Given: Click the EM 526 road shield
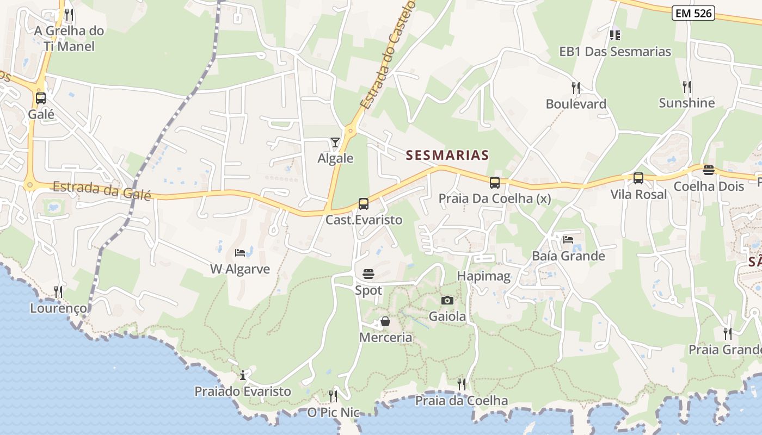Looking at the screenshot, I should (693, 14).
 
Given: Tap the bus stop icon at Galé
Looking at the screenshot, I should (41, 98).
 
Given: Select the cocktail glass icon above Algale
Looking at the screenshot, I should (335, 142).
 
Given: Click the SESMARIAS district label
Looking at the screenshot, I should (447, 156).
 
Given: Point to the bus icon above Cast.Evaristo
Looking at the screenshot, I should (364, 204).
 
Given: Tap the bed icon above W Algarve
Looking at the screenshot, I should (240, 252).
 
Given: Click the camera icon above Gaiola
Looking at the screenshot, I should (447, 300).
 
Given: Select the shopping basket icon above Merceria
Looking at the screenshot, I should (385, 321).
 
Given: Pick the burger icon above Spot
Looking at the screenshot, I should (368, 274).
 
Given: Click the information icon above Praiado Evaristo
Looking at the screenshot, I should (243, 375).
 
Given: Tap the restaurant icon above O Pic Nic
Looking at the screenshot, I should (333, 396).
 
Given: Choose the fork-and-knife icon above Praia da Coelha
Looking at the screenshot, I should (462, 384).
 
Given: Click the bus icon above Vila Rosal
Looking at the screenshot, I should (638, 178).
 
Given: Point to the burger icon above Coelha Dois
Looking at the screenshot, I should (708, 170).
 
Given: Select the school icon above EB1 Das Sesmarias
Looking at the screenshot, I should (615, 35).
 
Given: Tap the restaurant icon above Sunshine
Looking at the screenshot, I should (687, 86).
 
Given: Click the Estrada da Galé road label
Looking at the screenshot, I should (101, 190).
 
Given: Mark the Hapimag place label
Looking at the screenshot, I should (484, 276).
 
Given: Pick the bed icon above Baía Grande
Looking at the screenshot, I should (568, 239).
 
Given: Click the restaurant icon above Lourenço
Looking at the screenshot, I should (58, 292).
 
